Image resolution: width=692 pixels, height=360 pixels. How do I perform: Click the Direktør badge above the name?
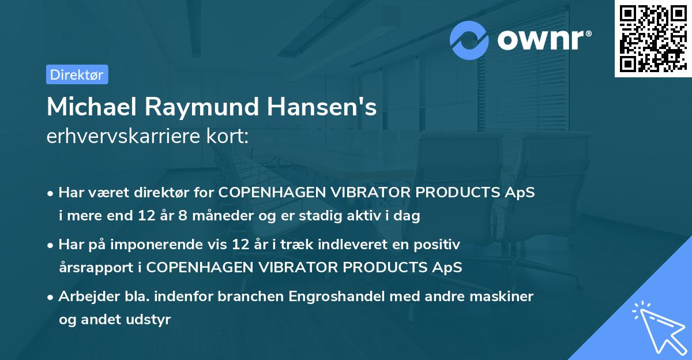[x=77, y=74]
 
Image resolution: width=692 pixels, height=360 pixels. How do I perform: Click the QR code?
[x=653, y=39]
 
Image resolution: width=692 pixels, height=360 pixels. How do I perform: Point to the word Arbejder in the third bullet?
[x=85, y=297]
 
